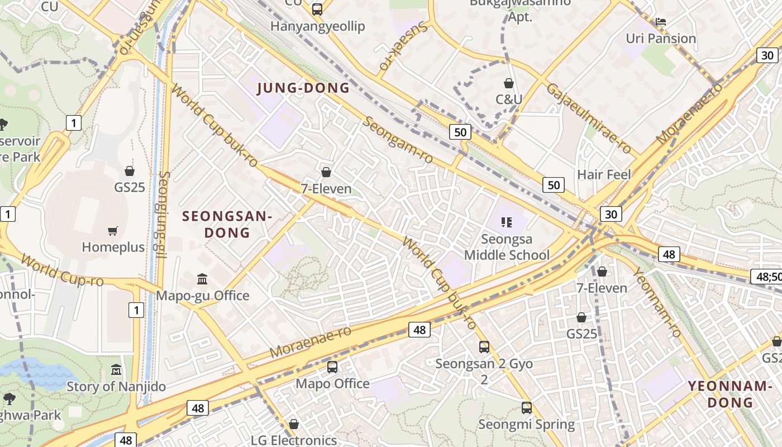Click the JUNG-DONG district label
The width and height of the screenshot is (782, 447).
click(303, 88)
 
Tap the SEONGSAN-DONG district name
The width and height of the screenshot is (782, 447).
click(227, 224)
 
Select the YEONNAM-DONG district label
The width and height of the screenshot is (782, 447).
click(729, 394)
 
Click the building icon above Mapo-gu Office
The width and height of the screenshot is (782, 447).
click(202, 279)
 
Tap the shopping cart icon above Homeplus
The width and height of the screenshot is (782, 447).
click(113, 231)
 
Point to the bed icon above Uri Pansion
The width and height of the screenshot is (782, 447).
click(661, 22)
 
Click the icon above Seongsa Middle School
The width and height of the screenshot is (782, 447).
click(507, 222)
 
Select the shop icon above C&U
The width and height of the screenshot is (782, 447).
click(509, 84)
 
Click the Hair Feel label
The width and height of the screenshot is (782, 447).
click(604, 175)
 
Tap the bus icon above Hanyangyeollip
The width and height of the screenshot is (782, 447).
click(317, 9)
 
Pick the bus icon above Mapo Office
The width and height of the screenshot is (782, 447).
click(332, 367)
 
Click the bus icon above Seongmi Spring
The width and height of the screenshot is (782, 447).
click(527, 408)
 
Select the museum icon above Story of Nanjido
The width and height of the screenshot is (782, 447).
click(116, 370)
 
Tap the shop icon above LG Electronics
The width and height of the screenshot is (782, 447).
click(293, 424)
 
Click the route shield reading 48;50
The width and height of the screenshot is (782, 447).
click(766, 276)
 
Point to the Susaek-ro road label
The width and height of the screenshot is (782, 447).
click(404, 46)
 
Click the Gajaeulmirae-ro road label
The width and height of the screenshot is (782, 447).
click(589, 118)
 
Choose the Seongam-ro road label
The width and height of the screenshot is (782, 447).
click(398, 140)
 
